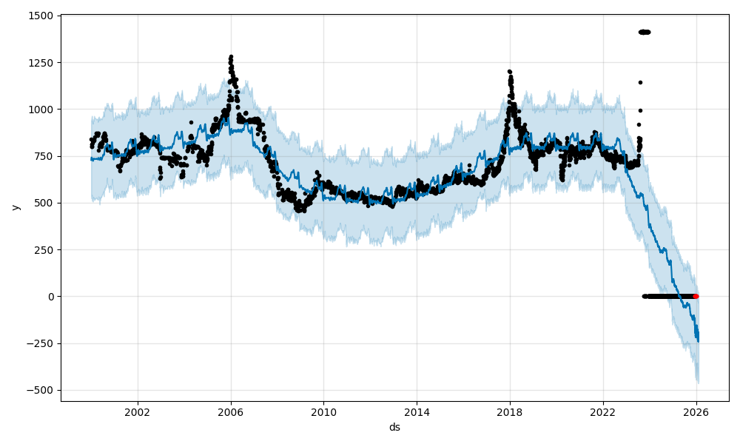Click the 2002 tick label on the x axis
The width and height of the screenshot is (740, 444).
click(138, 412)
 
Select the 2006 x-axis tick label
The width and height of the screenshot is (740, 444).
click(231, 412)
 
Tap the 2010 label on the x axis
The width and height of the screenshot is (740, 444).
click(323, 412)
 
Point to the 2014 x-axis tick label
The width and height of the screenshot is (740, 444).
click(417, 412)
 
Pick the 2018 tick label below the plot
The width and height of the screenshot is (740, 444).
click(510, 412)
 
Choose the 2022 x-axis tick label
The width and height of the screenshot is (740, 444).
click(602, 412)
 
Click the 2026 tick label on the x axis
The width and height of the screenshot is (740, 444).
click(696, 412)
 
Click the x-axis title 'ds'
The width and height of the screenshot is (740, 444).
click(394, 427)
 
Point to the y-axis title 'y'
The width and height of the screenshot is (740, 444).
click(14, 207)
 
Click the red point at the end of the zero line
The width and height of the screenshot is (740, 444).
click(696, 296)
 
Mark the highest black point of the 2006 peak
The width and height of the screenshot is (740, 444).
click(231, 56)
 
